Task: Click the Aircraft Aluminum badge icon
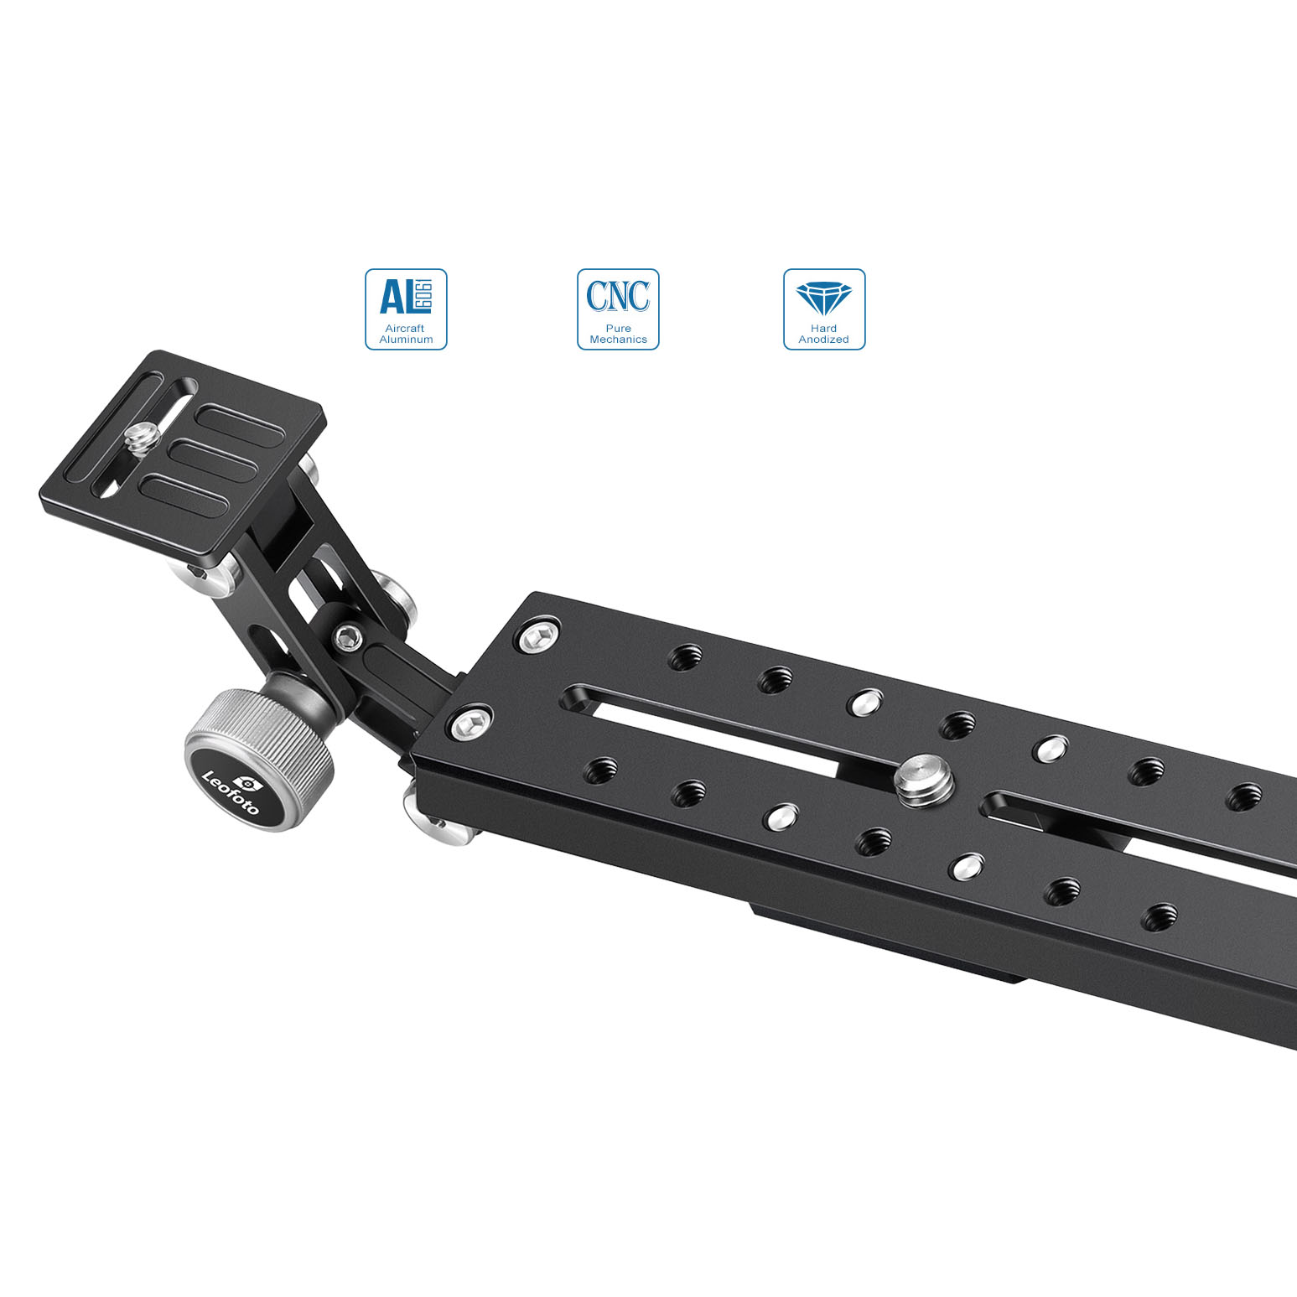click(x=406, y=309)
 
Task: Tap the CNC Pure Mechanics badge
click(x=618, y=309)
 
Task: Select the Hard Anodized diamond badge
click(x=824, y=309)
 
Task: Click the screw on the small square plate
click(x=141, y=438)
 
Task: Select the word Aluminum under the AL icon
click(x=406, y=340)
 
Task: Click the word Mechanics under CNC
click(x=618, y=340)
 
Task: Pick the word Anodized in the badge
click(x=823, y=340)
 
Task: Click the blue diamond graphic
click(x=824, y=298)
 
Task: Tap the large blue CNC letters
click(x=618, y=296)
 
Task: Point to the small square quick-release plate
click(x=182, y=453)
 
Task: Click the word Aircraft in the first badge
click(x=405, y=328)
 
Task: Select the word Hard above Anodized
click(x=824, y=328)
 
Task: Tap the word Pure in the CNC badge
click(x=618, y=328)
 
